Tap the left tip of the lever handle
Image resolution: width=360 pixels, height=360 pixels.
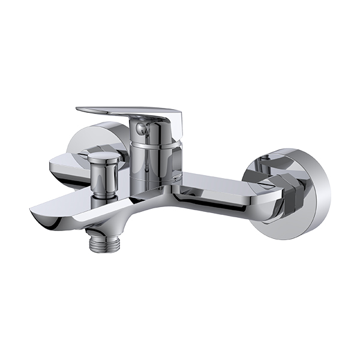tap(80, 109)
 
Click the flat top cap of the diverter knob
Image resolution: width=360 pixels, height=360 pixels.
tap(104, 155)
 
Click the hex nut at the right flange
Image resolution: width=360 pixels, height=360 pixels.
tap(290, 193)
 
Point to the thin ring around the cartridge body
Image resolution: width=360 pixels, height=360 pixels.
tap(154, 146)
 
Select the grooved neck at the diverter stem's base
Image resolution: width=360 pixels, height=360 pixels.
tap(105, 196)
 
